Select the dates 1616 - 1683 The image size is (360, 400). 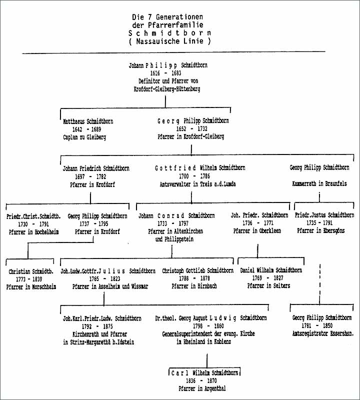click(x=165, y=73)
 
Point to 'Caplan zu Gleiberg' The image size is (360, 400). click(x=85, y=137)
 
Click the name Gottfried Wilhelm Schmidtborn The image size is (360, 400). click(x=200, y=168)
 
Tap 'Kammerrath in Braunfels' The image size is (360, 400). click(x=318, y=184)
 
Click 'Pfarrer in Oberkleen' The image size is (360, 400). click(x=259, y=231)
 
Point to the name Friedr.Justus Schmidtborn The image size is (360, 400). click(x=324, y=215)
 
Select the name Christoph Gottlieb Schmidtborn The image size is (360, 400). click(x=197, y=271)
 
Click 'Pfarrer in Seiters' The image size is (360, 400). click(x=268, y=286)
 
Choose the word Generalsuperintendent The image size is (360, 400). click(x=191, y=333)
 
